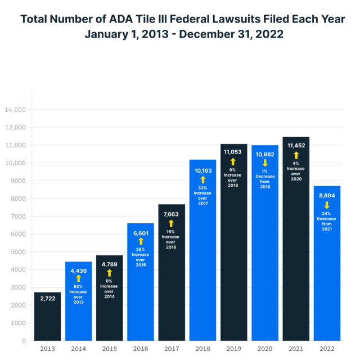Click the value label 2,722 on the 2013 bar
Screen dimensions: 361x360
tap(47, 298)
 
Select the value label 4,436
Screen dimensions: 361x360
tap(79, 270)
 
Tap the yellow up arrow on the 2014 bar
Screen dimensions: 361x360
tap(79, 278)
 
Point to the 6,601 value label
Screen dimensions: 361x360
tap(141, 233)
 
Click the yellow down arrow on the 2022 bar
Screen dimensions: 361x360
tap(326, 205)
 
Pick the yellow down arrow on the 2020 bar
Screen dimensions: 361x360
tap(264, 163)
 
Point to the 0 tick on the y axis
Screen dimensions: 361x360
tap(24, 341)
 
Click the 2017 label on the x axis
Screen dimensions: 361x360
tap(172, 349)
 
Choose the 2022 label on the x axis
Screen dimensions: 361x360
tap(326, 349)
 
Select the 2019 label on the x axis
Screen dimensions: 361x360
tap(233, 349)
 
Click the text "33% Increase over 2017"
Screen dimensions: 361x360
tap(202, 195)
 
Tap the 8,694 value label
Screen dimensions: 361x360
tap(326, 195)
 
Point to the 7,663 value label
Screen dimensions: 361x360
tap(172, 214)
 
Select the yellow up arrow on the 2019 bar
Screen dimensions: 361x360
tap(233, 161)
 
